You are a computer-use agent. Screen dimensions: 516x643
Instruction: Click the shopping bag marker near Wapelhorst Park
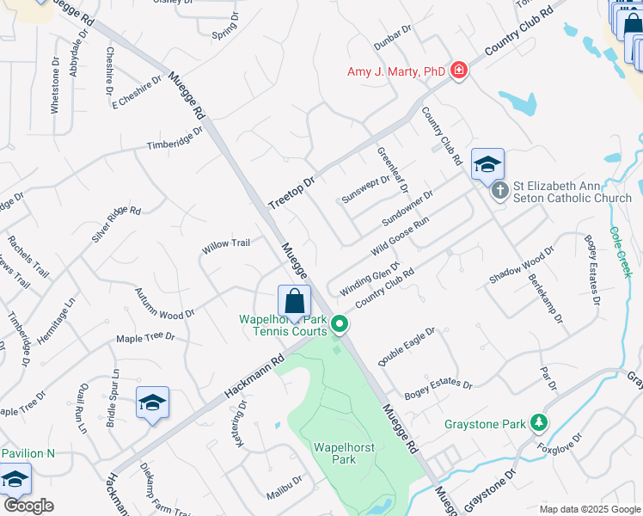coord(294,302)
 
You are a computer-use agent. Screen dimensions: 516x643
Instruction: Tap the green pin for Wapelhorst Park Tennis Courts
coord(340,325)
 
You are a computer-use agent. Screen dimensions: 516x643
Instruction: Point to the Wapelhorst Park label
coord(334,453)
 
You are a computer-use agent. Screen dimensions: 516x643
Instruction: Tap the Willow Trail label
coord(225,244)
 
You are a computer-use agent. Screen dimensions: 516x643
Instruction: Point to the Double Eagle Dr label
coord(407,347)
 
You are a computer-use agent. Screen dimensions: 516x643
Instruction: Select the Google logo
coord(28,506)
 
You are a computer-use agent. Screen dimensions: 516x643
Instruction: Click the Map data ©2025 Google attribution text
coord(589,509)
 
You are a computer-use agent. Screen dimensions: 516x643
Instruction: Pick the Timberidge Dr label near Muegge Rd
coord(174,138)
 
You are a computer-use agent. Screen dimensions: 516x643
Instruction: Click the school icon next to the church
coord(487,164)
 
